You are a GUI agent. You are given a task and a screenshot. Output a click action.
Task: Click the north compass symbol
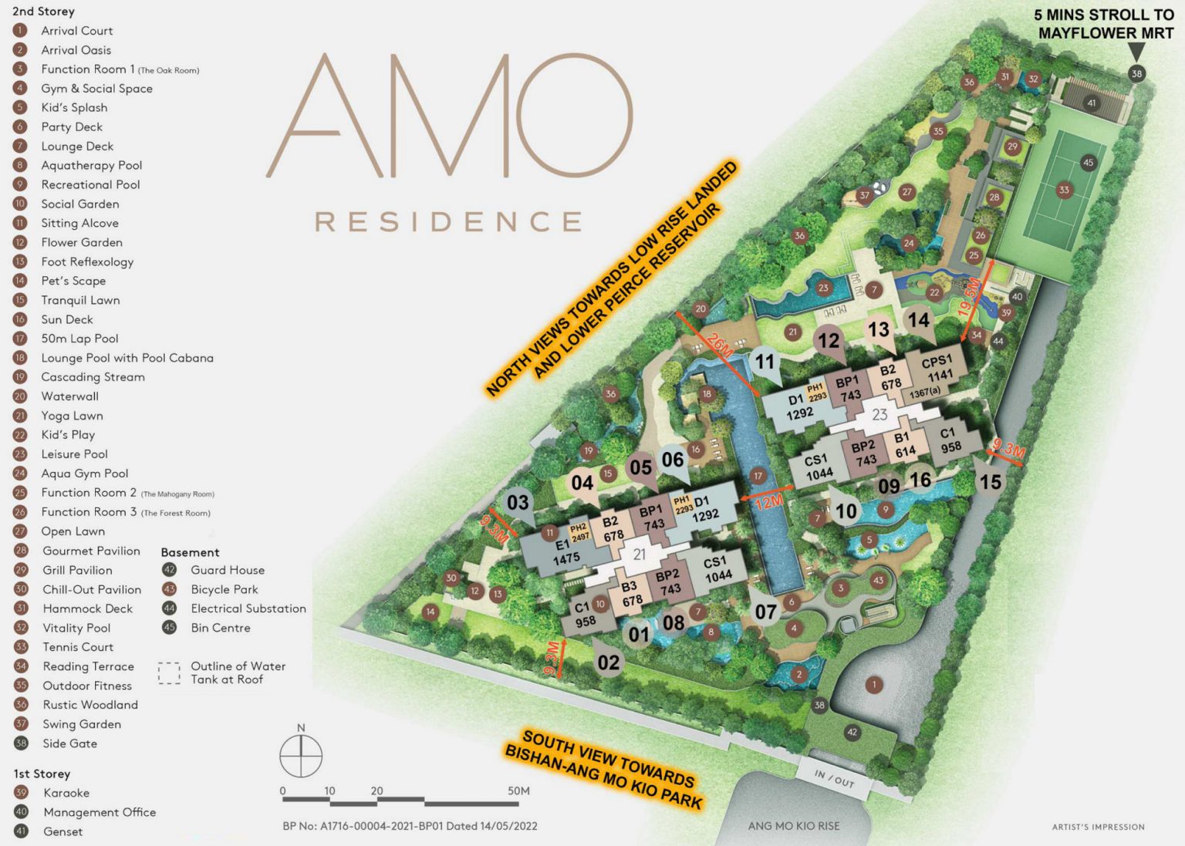pyautogui.click(x=301, y=756)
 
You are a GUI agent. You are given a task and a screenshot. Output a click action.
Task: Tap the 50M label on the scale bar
pyautogui.click(x=518, y=790)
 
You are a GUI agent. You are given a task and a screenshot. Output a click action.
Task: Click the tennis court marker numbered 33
pyautogui.click(x=1064, y=190)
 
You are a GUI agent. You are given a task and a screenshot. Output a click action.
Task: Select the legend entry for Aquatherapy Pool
pyautogui.click(x=91, y=165)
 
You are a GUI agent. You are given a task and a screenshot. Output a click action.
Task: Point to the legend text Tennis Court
pyautogui.click(x=77, y=647)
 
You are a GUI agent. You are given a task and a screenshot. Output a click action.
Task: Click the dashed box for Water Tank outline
pyautogui.click(x=169, y=673)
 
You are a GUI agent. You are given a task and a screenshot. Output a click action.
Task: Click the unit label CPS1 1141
pyautogui.click(x=938, y=369)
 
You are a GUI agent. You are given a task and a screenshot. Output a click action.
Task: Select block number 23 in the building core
pyautogui.click(x=879, y=415)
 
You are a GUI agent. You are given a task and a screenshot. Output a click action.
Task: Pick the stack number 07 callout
pyautogui.click(x=765, y=612)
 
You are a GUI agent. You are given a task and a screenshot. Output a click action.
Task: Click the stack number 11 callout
pyautogui.click(x=765, y=362)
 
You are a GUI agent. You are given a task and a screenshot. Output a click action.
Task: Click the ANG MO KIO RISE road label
pyautogui.click(x=793, y=826)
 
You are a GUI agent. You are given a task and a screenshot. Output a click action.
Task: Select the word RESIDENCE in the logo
pyautogui.click(x=448, y=222)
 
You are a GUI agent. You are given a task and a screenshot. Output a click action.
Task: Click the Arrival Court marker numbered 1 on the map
pyautogui.click(x=873, y=685)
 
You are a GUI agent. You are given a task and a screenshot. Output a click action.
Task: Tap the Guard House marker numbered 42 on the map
pyautogui.click(x=852, y=732)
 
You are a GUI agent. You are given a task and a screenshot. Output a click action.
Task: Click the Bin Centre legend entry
pyautogui.click(x=220, y=628)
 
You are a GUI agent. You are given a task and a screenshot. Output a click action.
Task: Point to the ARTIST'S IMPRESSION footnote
pyautogui.click(x=1098, y=827)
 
